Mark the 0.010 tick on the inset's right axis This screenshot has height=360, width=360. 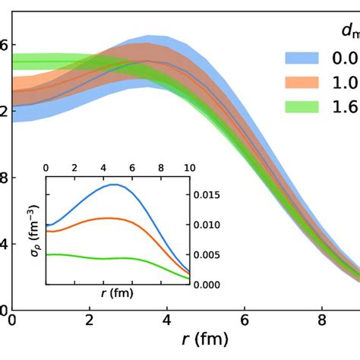[x=210, y=225]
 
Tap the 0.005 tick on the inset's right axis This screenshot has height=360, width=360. [x=210, y=254]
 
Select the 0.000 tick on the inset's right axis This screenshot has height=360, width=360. [x=210, y=284]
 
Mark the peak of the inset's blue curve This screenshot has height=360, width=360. [x=115, y=185]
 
